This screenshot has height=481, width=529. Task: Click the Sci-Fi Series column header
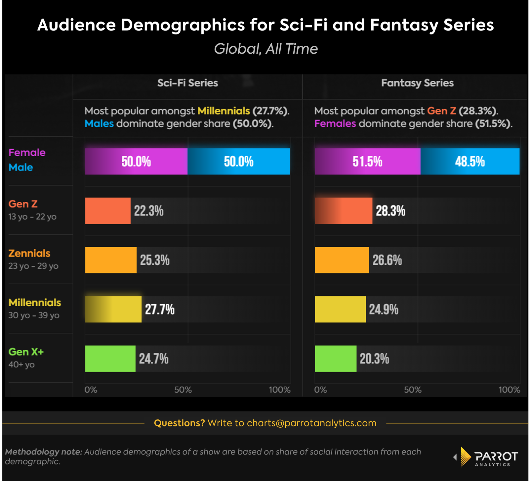(187, 83)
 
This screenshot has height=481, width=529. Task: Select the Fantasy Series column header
(417, 83)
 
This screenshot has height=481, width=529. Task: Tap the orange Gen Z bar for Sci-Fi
(108, 211)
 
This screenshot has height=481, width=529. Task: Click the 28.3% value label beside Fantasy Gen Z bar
(390, 211)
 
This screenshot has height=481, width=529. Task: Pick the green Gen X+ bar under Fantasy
(336, 359)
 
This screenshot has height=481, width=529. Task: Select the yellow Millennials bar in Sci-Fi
(113, 309)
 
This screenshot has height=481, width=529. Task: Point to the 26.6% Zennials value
(387, 260)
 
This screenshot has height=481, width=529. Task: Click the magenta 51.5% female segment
(367, 162)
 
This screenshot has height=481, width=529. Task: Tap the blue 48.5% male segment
(470, 162)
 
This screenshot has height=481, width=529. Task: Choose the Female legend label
(27, 153)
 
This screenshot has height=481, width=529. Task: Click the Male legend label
(20, 168)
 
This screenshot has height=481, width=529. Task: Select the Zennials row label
(29, 254)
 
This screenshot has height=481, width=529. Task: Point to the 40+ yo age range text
(21, 365)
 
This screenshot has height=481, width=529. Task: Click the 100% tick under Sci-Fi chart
(279, 390)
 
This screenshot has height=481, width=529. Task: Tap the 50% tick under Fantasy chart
(413, 390)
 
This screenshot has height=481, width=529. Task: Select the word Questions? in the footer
(179, 423)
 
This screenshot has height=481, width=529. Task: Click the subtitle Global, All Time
(266, 49)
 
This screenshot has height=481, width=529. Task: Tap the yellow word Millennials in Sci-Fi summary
(224, 111)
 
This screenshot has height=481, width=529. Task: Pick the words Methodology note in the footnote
(43, 452)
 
